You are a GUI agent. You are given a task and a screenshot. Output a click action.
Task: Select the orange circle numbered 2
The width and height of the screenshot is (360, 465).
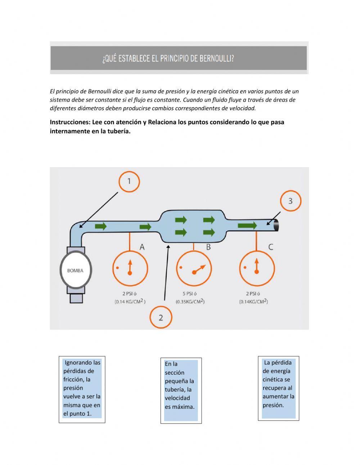161,317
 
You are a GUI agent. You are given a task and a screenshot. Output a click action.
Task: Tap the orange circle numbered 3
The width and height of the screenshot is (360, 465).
290,201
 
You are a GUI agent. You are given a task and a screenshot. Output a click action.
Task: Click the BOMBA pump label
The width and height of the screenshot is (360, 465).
75,270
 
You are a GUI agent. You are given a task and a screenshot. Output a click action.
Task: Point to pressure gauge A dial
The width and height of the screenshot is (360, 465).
130,268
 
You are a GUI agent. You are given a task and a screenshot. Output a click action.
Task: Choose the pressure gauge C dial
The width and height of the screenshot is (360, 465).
257,268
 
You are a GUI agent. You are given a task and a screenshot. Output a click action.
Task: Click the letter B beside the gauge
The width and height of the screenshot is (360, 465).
208,247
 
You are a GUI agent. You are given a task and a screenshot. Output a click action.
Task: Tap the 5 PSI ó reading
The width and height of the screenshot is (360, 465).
190,294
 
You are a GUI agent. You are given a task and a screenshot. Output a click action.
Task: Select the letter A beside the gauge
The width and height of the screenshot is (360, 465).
142,247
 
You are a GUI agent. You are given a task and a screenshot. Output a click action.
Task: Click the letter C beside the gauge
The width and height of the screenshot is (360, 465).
271,247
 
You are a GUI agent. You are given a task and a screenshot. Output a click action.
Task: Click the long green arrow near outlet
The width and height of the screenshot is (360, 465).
247,225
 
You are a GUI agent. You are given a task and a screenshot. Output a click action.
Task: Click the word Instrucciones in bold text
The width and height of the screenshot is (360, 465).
70,122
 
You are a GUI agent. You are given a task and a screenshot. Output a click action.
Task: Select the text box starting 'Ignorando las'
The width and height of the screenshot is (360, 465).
82,389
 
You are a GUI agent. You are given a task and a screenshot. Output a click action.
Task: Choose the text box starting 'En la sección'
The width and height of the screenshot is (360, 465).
181,390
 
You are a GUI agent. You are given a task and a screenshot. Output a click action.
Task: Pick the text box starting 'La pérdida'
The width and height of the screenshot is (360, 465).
278,388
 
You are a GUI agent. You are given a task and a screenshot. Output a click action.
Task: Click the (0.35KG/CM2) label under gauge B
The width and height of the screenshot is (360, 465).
190,301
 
